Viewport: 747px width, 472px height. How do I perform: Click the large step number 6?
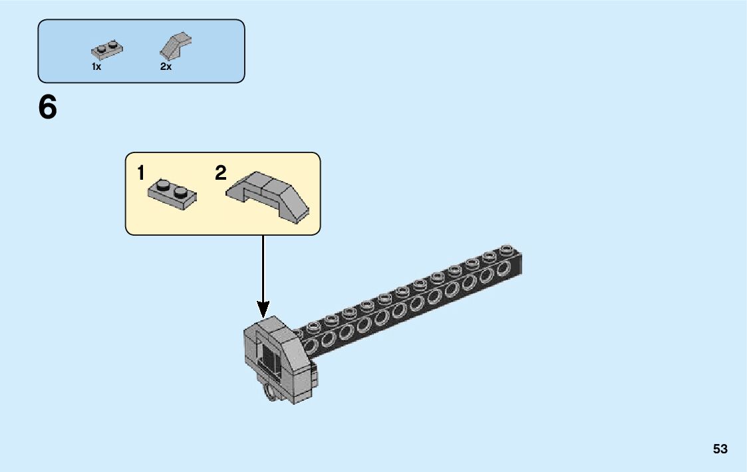pos(48,108)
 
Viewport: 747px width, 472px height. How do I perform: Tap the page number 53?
pos(720,449)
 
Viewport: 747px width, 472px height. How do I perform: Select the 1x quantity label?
pos(96,67)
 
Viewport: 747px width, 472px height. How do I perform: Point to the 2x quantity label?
pos(166,67)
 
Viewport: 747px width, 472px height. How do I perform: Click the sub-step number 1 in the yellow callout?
pos(140,174)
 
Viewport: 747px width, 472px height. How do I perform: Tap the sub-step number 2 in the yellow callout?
pos(221,174)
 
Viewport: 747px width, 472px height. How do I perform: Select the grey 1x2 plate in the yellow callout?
pos(172,194)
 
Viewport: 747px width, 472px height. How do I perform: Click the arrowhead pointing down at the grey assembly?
pos(263,309)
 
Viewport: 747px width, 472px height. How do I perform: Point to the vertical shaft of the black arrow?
pos(263,266)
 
